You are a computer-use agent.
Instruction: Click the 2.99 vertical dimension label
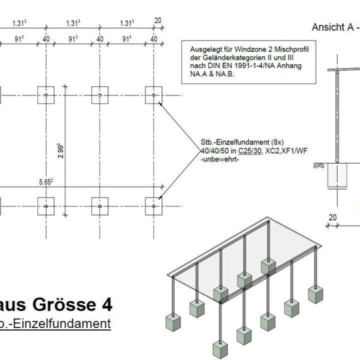[61, 151]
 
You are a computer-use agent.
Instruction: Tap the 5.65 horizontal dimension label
[46, 182]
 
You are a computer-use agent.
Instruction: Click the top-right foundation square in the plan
[154, 95]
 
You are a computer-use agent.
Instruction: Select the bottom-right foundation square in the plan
[154, 206]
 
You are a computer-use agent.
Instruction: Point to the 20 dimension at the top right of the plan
[158, 20]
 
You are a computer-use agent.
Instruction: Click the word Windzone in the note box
[254, 49]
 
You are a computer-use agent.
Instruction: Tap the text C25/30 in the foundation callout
[250, 151]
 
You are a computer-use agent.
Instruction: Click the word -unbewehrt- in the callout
[220, 159]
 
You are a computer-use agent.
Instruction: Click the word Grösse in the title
[64, 304]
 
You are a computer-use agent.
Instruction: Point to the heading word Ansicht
[329, 27]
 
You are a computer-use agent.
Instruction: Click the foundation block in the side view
[337, 175]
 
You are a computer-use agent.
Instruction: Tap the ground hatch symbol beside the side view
[319, 166]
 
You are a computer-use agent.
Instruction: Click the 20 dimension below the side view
[332, 217]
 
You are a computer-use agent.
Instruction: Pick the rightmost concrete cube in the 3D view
[316, 295]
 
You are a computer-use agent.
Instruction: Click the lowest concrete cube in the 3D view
[220, 350]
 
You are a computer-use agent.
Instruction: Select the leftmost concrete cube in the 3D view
[173, 323]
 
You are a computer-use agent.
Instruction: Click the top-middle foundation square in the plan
[100, 95]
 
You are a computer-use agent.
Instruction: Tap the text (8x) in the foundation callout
[277, 142]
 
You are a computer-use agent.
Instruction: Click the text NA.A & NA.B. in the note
[212, 74]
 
